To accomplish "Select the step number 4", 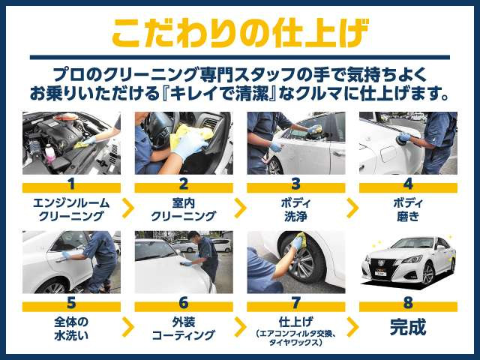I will click(408, 183).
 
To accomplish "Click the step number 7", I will click(295, 303).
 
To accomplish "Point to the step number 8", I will click(408, 303).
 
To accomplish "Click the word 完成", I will click(408, 328).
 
